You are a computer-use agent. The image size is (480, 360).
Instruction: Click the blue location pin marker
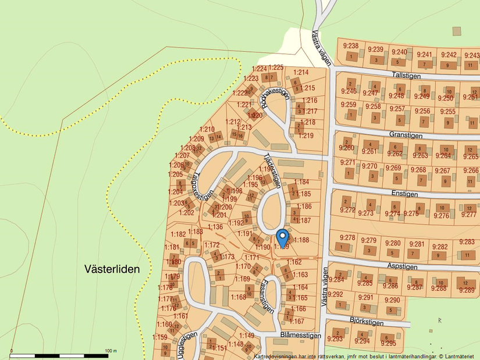[x=282, y=237]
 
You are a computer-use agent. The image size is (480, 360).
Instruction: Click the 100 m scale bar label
[x=111, y=351]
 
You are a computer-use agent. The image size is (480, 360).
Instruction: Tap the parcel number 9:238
[x=350, y=46]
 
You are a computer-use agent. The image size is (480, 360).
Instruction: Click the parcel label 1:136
[x=215, y=227]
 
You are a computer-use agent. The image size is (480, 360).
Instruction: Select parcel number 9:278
[x=347, y=237]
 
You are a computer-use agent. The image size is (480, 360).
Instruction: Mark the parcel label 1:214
[x=301, y=72]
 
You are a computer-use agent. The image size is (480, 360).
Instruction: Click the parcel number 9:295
[x=387, y=337]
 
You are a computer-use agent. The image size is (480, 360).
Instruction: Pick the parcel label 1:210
[x=207, y=129]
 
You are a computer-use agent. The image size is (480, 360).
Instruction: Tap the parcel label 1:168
[x=239, y=297]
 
